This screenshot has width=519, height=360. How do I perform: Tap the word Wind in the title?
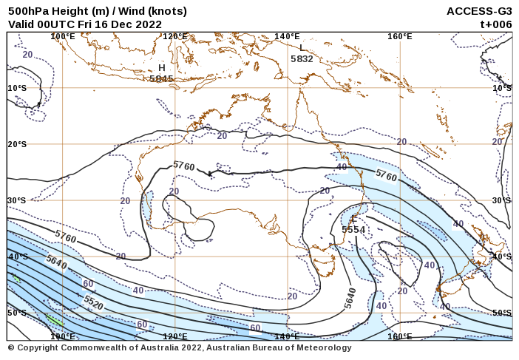point(120,11)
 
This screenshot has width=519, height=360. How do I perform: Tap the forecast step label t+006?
point(496,24)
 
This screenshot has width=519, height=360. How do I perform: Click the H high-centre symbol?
point(162,68)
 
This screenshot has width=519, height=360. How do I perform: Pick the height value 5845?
point(161,78)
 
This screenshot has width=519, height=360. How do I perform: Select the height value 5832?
point(302,58)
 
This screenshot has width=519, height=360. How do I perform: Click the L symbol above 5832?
point(302,49)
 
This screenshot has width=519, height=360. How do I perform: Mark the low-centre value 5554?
point(353,230)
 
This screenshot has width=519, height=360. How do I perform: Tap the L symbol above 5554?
point(354,220)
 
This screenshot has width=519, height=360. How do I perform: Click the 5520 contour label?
point(93,302)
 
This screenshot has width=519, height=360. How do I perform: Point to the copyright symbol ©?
point(11,347)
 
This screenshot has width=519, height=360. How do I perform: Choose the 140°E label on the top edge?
point(287,36)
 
